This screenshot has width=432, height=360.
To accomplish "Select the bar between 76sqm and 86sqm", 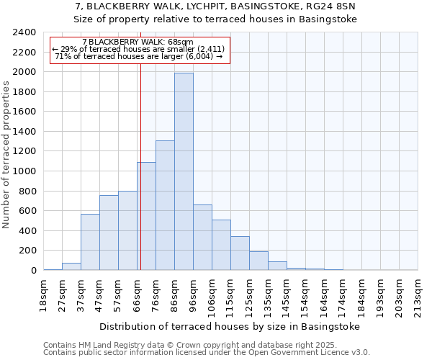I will click(x=165, y=205).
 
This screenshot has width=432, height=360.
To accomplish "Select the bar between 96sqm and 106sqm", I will click(x=202, y=238).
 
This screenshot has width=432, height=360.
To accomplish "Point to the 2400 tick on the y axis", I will click(x=25, y=32).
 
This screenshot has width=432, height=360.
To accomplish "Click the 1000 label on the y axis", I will click(x=25, y=171).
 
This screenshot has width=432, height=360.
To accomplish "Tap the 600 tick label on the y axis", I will click(x=28, y=211).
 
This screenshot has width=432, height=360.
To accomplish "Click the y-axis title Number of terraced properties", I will click(x=7, y=155).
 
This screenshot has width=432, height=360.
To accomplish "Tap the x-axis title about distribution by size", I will click(x=229, y=326).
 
